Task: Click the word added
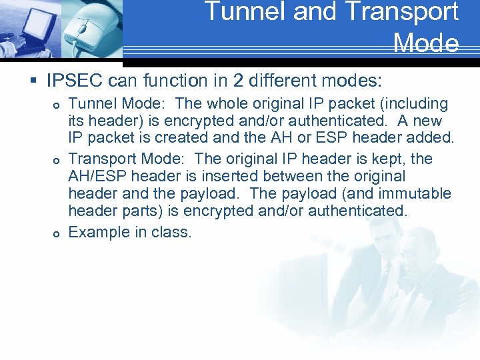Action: (431, 139)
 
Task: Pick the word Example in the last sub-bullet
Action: (97, 232)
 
